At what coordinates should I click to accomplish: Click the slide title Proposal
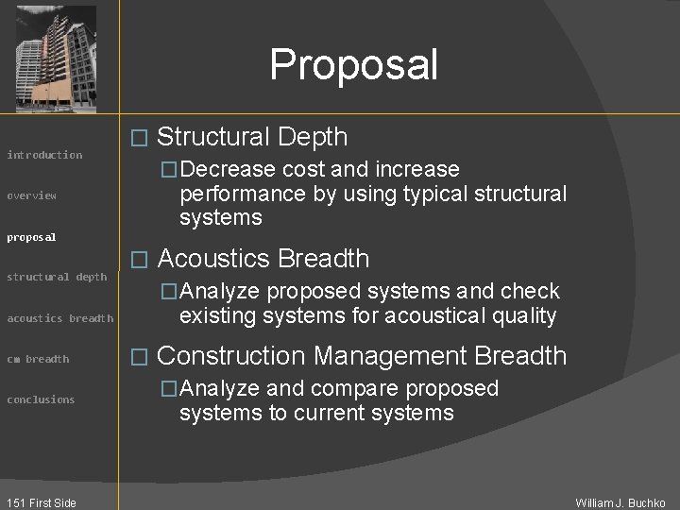(x=353, y=65)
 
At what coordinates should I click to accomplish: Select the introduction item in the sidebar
(x=44, y=155)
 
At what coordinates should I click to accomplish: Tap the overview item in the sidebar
(x=32, y=195)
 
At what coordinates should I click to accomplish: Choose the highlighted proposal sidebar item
(x=32, y=237)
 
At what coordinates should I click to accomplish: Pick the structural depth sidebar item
(x=57, y=277)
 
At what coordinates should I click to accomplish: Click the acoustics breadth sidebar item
(x=59, y=318)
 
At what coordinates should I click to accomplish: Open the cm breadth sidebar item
(x=38, y=359)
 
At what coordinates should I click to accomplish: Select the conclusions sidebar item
(x=41, y=399)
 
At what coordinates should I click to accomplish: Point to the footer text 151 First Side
(x=40, y=502)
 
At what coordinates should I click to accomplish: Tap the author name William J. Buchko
(x=620, y=502)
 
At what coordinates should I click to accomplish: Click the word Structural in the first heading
(x=212, y=137)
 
